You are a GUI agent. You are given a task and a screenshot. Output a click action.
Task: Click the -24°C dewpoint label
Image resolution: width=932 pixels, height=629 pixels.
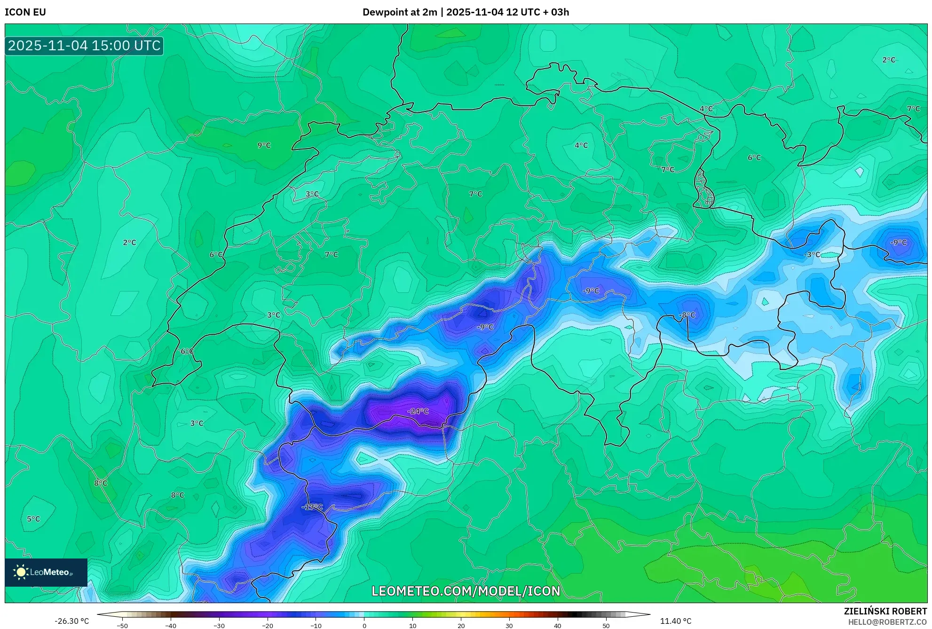[x=418, y=411]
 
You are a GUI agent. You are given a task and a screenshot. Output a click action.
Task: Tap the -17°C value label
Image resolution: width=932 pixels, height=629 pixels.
[x=312, y=507]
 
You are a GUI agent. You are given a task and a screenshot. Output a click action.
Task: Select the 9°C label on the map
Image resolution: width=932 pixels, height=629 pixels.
[x=264, y=145]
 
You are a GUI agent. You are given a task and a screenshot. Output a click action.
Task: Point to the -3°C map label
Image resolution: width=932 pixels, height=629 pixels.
[x=812, y=255]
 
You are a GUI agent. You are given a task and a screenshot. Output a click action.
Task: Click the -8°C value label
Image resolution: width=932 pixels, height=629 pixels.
[x=687, y=315]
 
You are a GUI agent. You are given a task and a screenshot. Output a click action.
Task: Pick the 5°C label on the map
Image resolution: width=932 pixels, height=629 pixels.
[x=33, y=519]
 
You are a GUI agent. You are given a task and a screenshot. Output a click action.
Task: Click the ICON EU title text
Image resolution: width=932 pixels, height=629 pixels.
[x=25, y=12]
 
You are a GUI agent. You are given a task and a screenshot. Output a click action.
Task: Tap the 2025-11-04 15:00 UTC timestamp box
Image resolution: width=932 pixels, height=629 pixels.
[x=84, y=46]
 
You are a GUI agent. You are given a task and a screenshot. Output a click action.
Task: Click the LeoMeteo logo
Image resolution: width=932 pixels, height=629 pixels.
[x=46, y=572]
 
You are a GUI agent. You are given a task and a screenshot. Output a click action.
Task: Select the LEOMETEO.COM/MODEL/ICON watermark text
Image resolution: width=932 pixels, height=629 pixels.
[x=466, y=591]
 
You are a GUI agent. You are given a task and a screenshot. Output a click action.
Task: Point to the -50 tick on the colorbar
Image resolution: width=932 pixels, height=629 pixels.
[x=122, y=626]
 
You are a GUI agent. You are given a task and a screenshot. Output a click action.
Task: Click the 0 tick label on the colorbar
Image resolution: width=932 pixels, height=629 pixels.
[x=364, y=626]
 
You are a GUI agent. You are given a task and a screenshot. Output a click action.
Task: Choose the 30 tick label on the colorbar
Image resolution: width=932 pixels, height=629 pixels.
[x=509, y=626]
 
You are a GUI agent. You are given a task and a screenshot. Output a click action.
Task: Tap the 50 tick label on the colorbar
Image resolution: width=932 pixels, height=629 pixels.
[x=606, y=626]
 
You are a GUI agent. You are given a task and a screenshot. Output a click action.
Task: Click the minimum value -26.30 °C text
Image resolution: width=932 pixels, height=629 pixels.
[x=71, y=621]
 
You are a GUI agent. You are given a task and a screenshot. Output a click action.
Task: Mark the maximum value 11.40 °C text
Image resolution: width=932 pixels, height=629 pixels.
[x=675, y=621]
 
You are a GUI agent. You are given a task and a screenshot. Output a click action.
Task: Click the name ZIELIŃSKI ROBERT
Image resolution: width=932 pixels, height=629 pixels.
[x=885, y=611]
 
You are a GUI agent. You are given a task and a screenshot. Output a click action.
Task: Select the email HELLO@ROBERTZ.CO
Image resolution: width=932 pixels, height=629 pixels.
[x=887, y=622]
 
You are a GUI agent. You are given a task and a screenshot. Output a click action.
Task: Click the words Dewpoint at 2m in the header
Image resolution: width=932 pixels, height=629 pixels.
[x=400, y=12]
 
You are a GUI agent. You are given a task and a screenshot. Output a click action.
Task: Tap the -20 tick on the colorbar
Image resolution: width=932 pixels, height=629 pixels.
[x=267, y=626]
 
